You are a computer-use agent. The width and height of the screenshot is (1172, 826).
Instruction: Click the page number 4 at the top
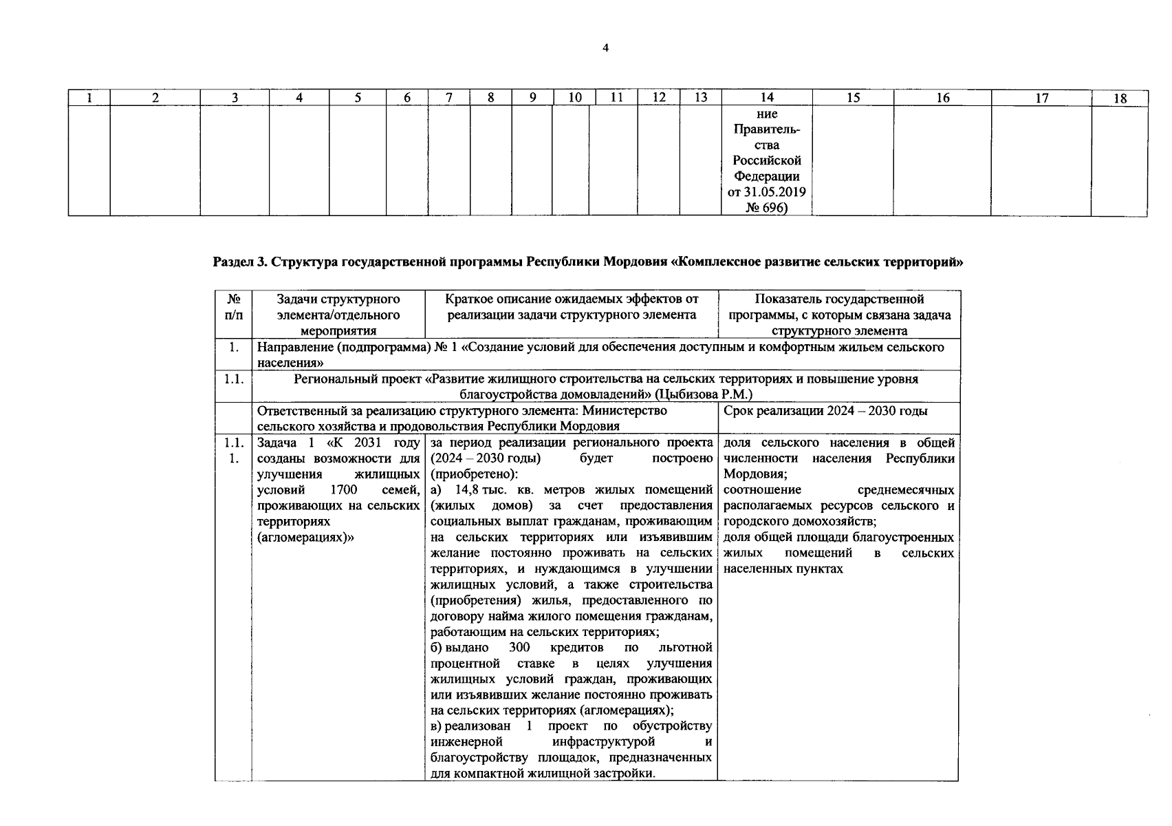(x=605, y=47)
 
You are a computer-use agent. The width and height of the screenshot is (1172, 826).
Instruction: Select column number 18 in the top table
(x=1120, y=98)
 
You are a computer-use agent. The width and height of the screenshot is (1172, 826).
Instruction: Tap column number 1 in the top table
(x=89, y=98)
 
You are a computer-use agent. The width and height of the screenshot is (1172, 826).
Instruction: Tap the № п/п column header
(x=233, y=307)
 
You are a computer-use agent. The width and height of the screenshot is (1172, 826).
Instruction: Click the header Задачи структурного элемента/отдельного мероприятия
(x=338, y=315)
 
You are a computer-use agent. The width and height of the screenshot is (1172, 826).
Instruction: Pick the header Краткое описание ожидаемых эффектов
(x=571, y=307)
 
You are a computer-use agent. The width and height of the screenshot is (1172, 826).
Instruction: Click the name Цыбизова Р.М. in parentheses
(x=705, y=394)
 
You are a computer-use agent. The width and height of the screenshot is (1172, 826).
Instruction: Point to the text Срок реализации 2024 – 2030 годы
(x=825, y=411)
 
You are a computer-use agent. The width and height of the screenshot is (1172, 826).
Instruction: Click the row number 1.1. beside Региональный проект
(x=233, y=379)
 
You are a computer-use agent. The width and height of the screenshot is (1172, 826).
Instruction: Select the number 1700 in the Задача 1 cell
(x=343, y=490)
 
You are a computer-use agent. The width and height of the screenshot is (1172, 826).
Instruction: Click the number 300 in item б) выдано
(x=519, y=648)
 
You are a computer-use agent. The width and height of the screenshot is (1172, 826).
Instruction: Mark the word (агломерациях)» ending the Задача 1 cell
(x=305, y=538)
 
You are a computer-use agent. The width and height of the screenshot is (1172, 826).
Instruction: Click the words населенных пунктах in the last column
(x=783, y=569)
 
